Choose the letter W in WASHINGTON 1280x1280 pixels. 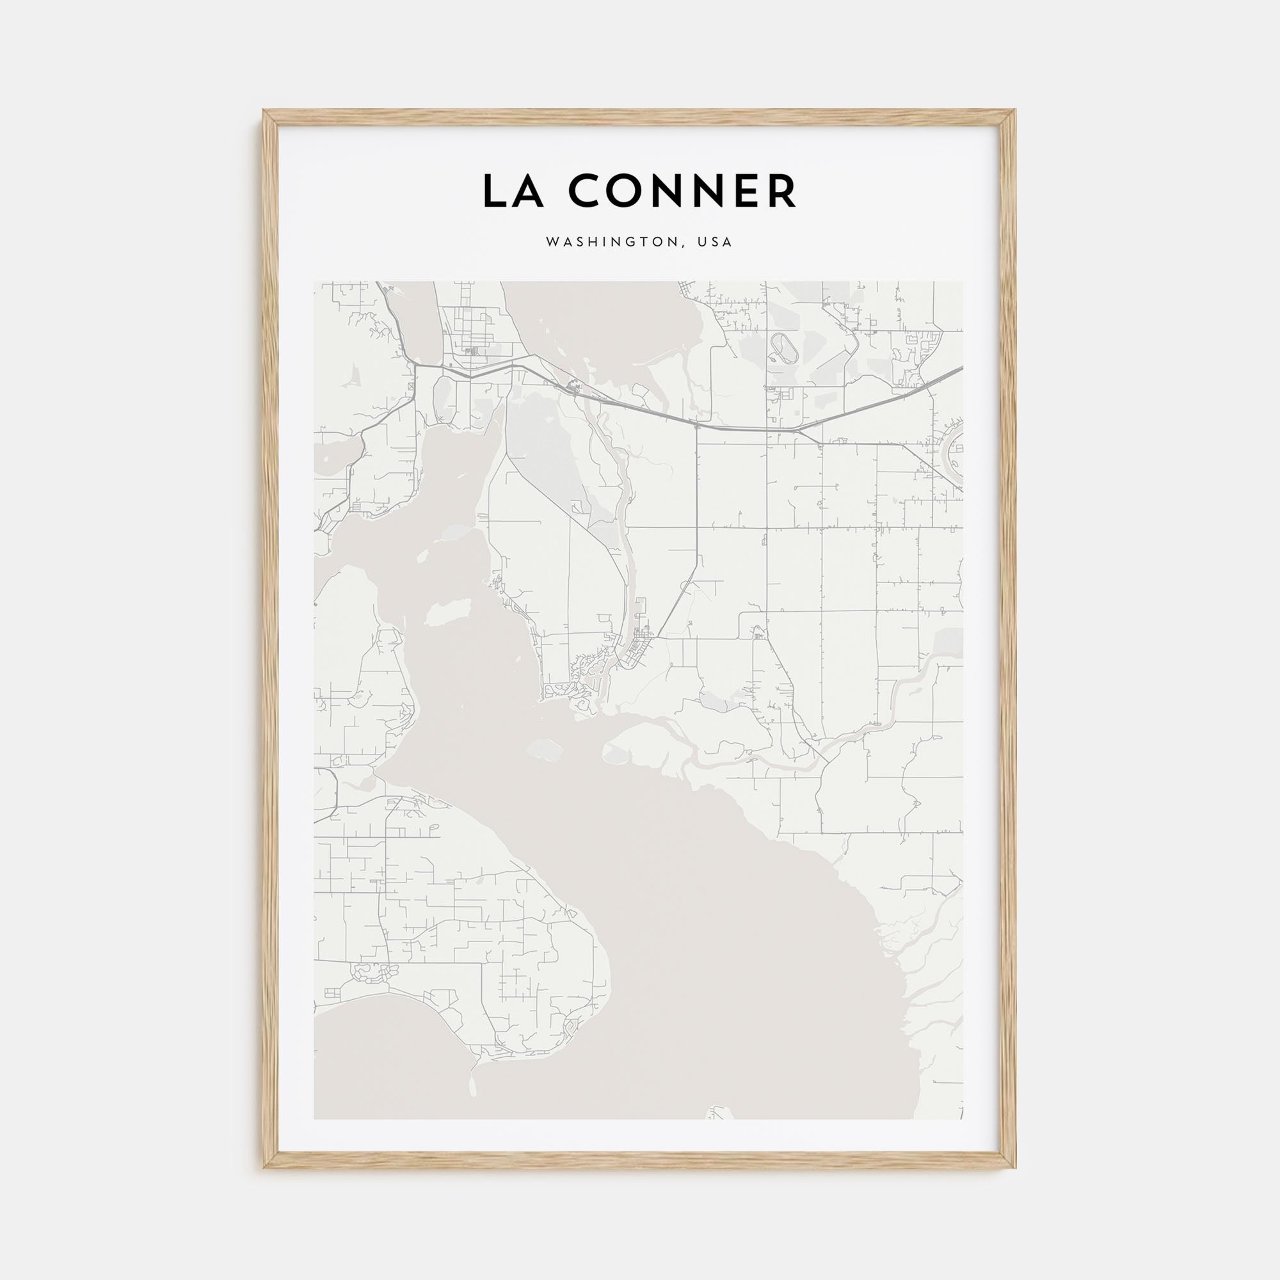tap(551, 243)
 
